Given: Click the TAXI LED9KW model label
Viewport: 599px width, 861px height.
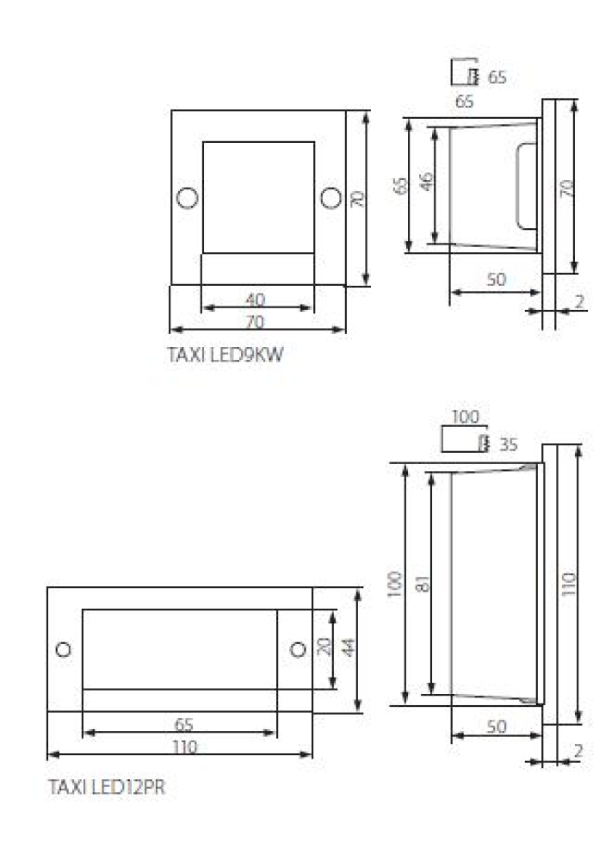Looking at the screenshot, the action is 225,354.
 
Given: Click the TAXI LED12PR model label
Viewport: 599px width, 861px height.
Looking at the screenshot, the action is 106,786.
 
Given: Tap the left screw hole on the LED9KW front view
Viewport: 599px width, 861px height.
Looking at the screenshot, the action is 188,198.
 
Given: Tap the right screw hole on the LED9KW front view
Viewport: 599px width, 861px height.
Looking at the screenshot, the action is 330,198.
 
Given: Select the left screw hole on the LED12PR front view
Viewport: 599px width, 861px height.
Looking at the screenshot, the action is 64,649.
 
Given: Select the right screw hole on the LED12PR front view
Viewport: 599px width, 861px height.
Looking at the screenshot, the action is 298,649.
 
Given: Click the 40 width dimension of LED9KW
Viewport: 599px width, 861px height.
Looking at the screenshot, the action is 256,300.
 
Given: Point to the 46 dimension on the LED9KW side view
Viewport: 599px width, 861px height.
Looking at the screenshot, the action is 426,181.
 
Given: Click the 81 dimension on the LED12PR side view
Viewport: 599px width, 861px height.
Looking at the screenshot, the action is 423,583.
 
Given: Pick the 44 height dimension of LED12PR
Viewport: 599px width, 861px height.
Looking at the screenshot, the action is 348,648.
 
